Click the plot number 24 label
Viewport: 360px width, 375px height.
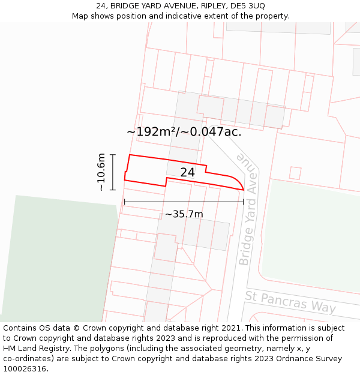(x=187, y=173)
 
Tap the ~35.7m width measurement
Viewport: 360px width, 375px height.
(x=184, y=214)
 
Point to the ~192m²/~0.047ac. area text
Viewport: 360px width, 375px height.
(x=184, y=132)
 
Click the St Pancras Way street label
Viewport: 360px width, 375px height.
(x=290, y=301)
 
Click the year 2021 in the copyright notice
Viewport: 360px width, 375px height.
(x=229, y=328)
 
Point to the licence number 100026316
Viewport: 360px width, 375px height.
(x=25, y=369)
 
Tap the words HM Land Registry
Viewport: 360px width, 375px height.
(x=34, y=349)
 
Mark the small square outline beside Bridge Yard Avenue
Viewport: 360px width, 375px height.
(x=295, y=173)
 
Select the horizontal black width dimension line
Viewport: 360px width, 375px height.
(x=184, y=202)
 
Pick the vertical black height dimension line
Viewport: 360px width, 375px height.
(x=113, y=172)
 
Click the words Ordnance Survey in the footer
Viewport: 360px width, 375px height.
(x=311, y=359)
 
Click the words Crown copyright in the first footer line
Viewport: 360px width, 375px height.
(x=109, y=328)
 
